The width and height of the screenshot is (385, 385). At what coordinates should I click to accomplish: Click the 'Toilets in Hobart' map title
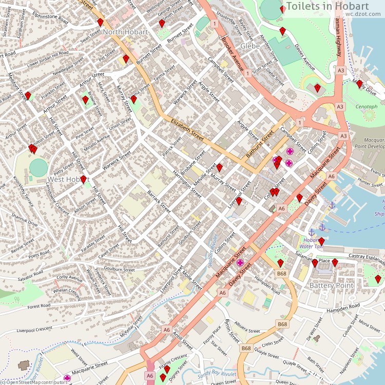[x=335, y=6]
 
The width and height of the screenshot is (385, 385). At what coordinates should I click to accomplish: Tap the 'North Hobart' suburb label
[x=125, y=32]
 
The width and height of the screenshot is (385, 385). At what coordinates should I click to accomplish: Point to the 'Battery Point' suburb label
[x=331, y=285]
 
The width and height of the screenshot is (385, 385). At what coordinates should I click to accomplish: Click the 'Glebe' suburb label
[x=250, y=46]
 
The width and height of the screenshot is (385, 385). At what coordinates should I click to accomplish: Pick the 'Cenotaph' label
[x=367, y=107]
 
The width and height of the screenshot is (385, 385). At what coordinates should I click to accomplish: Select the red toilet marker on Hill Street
[x=83, y=179]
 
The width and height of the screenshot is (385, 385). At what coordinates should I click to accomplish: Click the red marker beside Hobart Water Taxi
[x=321, y=241]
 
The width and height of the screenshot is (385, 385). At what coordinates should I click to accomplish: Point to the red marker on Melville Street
[x=219, y=167]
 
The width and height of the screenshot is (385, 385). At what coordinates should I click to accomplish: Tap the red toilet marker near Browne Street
[x=85, y=99]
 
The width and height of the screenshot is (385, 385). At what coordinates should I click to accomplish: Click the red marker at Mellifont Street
[x=28, y=95]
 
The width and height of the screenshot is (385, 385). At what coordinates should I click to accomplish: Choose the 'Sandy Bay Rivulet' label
[x=218, y=374]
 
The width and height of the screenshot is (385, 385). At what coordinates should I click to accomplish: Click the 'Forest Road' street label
[x=39, y=306]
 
